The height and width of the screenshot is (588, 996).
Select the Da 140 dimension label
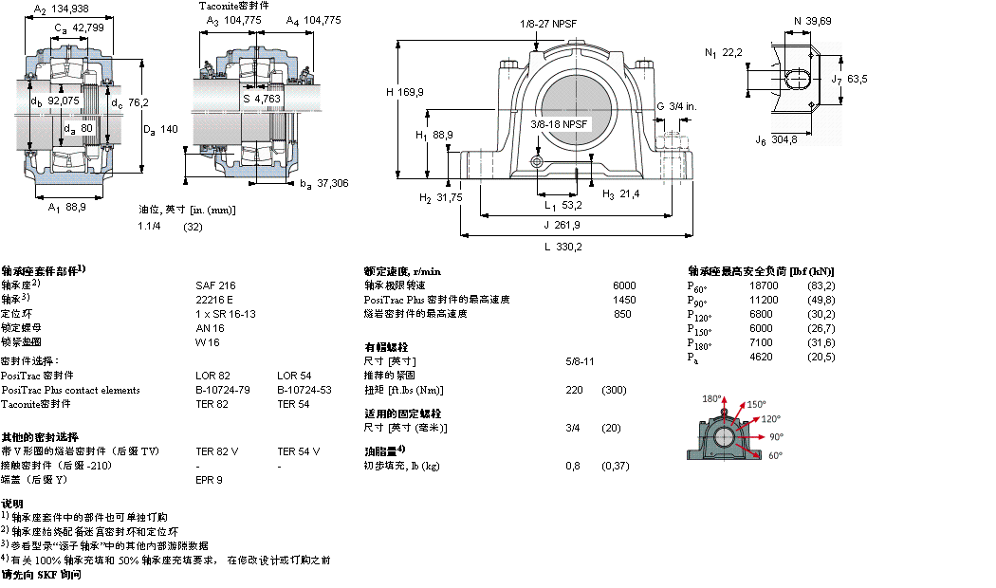coord(160,129)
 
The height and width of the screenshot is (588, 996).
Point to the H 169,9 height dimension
coord(405,92)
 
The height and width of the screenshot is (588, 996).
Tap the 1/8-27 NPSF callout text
coord(548,24)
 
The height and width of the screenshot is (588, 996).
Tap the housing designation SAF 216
coord(215,285)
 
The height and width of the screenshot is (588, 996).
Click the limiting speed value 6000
coord(624,285)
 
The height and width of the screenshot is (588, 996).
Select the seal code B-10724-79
coord(224,390)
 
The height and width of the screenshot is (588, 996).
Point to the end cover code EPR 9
coord(209,480)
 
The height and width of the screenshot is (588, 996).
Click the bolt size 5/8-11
coord(580,361)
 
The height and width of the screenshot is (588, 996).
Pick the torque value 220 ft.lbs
coord(574,390)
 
